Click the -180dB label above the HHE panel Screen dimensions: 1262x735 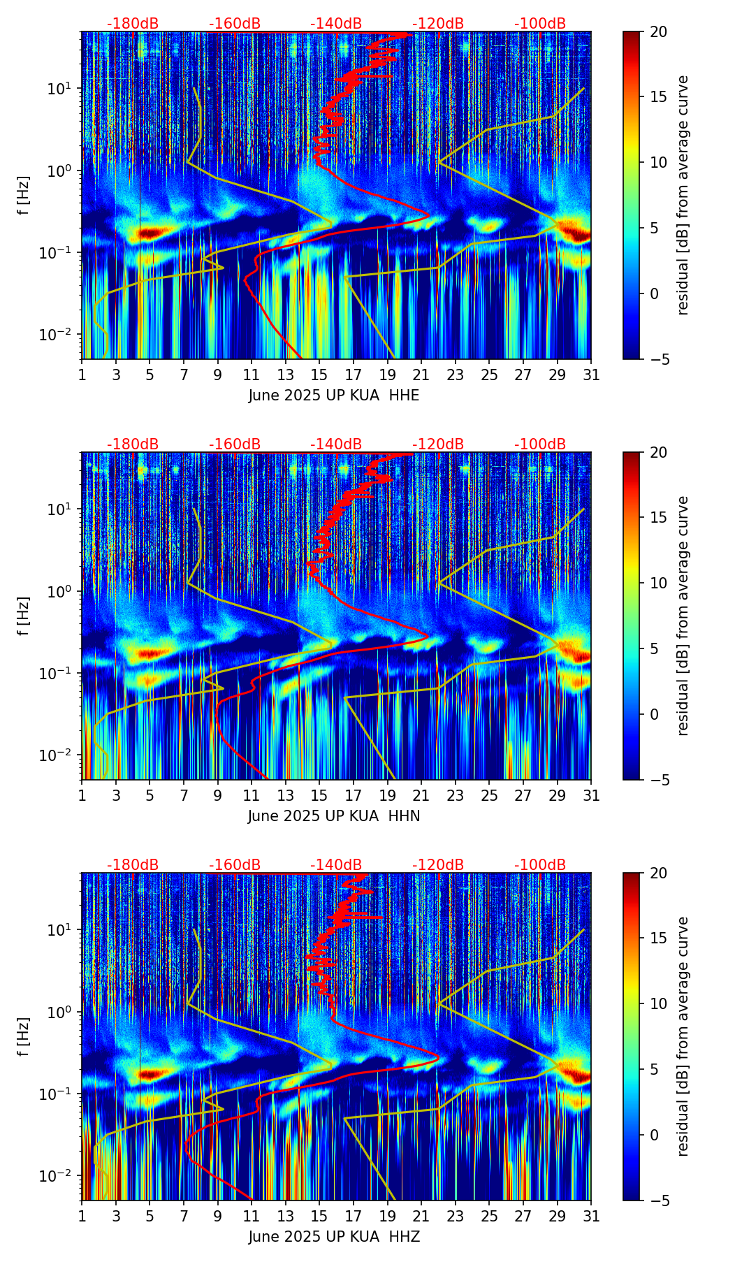click(133, 24)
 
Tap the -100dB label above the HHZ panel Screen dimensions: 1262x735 click(540, 865)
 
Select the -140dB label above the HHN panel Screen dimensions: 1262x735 click(336, 444)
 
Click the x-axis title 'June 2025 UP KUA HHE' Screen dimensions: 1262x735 click(334, 396)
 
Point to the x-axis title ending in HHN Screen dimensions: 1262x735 click(334, 816)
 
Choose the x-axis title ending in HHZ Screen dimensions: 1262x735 click(334, 1237)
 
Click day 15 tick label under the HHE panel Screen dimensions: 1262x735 click(319, 375)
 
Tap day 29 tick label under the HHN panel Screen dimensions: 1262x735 click(557, 795)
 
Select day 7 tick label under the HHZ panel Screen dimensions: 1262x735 click(184, 1216)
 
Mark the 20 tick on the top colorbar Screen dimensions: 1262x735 click(658, 31)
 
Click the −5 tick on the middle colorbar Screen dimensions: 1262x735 click(658, 780)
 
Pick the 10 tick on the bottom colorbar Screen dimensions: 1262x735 click(658, 1004)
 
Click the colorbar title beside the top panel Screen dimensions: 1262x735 click(683, 196)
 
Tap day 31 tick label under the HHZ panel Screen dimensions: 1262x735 click(591, 1216)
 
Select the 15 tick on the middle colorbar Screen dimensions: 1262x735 click(658, 518)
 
